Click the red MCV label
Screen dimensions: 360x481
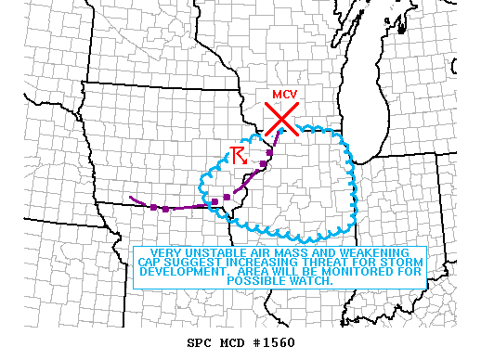[283, 94]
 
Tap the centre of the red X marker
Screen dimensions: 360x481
[280, 119]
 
